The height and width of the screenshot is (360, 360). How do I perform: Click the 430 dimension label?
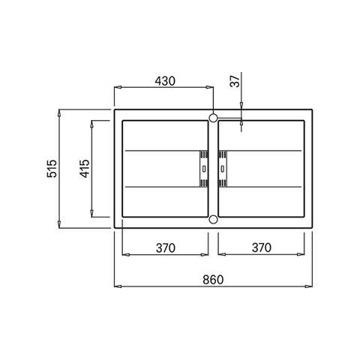coord(165,81)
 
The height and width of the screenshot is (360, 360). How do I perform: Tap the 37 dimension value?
coord(235,81)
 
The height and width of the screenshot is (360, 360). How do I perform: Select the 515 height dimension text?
coord(52,169)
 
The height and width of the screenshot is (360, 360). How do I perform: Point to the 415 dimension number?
coord(85,169)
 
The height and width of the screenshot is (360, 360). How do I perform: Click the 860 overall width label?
coord(213,280)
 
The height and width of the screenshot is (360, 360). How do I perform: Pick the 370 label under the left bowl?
coord(166,248)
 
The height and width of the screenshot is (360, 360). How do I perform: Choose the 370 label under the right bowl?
coord(262,247)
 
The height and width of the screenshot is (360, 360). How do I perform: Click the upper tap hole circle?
coord(213,118)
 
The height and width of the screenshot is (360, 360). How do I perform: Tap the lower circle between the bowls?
coord(213,220)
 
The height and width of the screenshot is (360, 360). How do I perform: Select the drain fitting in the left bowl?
coord(204,169)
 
